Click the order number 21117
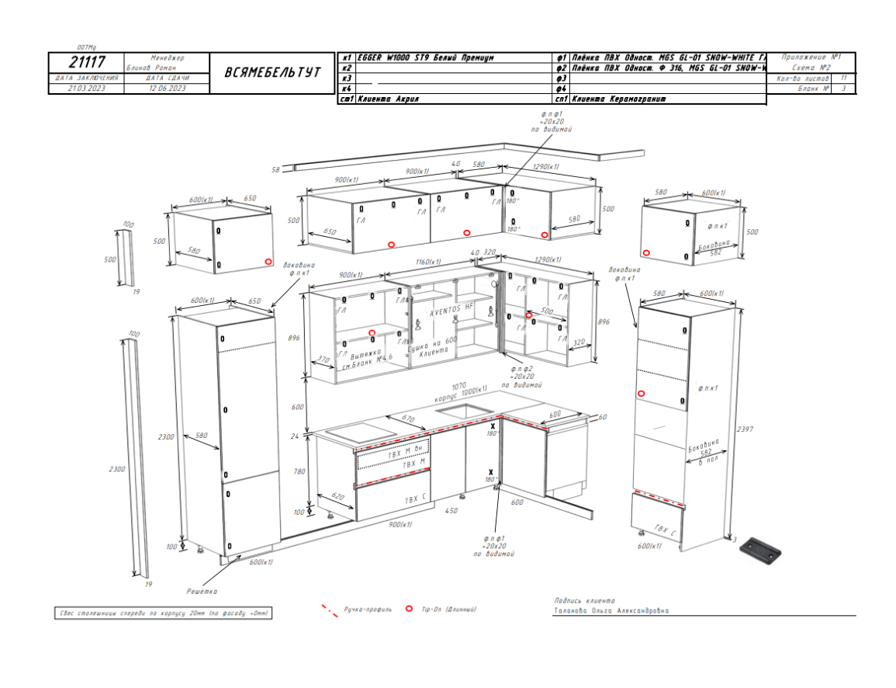86,62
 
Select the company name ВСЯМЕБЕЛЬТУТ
272,72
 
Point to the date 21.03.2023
86,89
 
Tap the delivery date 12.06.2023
167,89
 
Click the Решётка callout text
202,592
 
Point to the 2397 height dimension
745,429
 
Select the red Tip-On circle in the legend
408,610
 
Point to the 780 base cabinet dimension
299,471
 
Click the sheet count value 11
843,78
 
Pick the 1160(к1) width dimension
428,262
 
